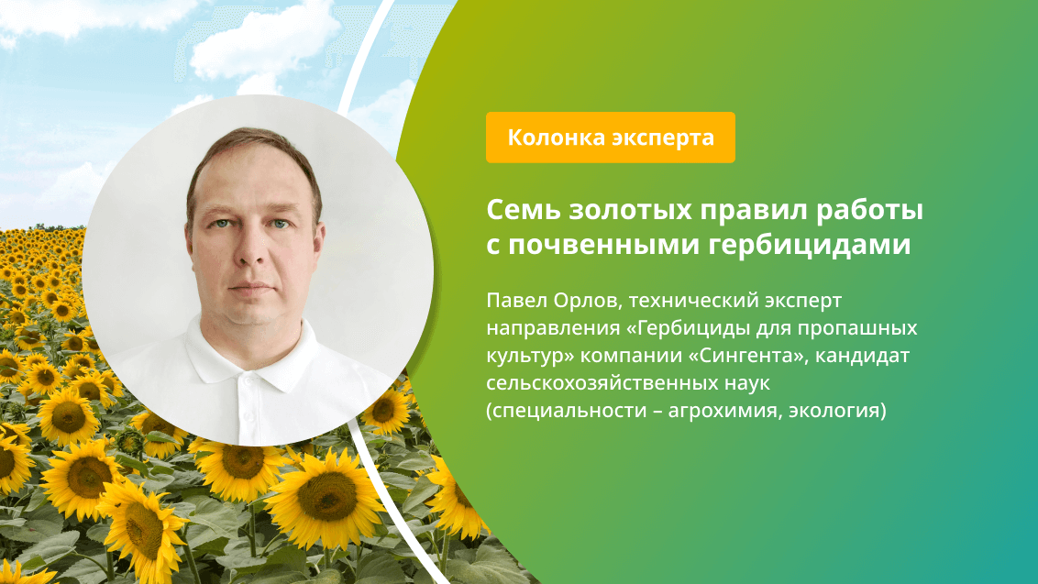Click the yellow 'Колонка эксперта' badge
610,138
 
